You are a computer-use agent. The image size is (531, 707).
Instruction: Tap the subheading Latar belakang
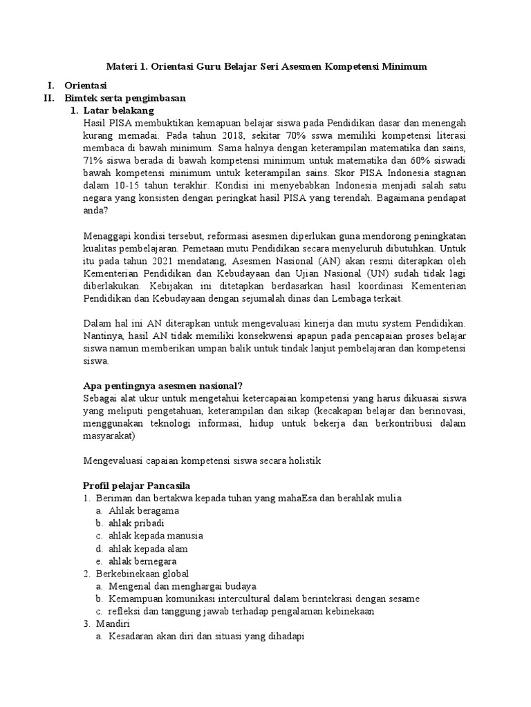(118, 110)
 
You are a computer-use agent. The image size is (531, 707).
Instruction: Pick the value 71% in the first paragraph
(93, 160)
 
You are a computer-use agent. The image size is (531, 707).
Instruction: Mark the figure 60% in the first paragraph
(420, 160)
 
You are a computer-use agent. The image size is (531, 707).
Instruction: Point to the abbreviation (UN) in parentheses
(387, 273)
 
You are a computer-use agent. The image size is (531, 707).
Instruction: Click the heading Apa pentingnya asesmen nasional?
(162, 385)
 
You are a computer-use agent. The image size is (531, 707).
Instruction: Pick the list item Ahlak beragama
(144, 511)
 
